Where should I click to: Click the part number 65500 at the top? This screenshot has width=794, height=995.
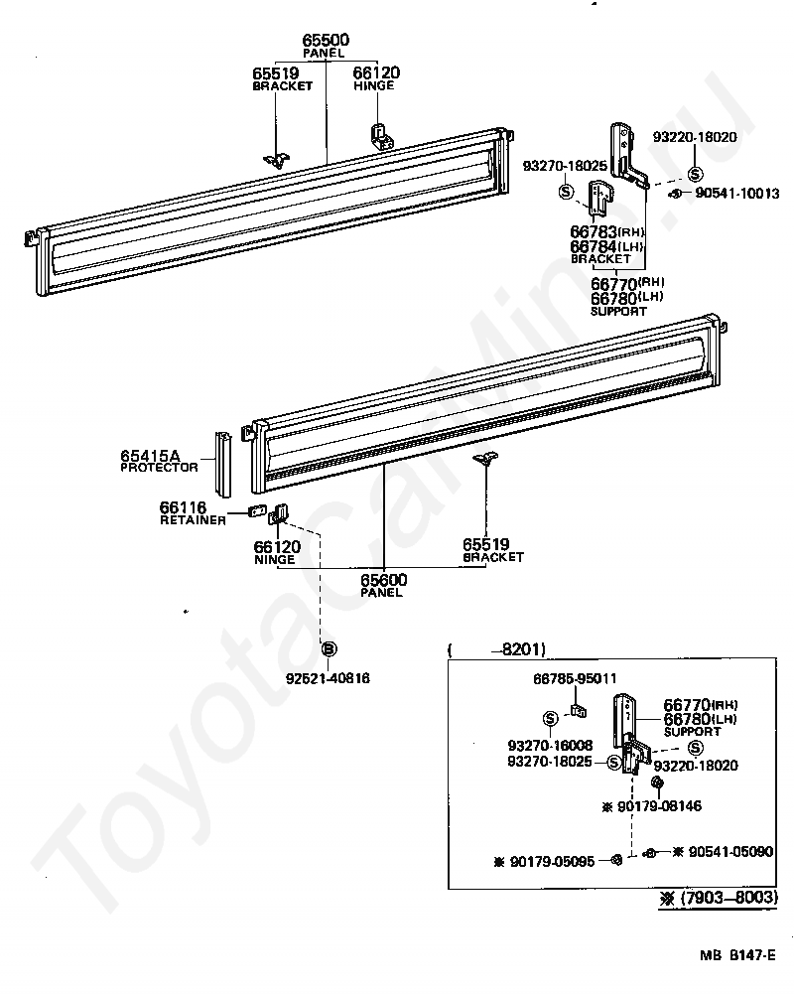(326, 40)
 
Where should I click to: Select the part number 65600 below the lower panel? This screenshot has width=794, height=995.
(383, 580)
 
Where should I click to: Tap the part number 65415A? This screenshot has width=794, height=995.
(151, 456)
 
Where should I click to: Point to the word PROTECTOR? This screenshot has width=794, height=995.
(159, 468)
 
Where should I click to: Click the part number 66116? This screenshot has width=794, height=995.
(183, 507)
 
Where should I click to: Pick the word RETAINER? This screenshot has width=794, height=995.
(193, 519)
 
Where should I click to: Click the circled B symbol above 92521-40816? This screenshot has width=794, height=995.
(329, 648)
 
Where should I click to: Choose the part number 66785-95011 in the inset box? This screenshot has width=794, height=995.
(575, 678)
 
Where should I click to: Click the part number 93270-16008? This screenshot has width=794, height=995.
(550, 745)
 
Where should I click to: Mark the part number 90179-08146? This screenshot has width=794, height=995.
(659, 806)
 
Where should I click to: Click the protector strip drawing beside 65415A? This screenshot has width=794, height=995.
(225, 464)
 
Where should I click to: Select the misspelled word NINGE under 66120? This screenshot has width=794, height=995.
(274, 559)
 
